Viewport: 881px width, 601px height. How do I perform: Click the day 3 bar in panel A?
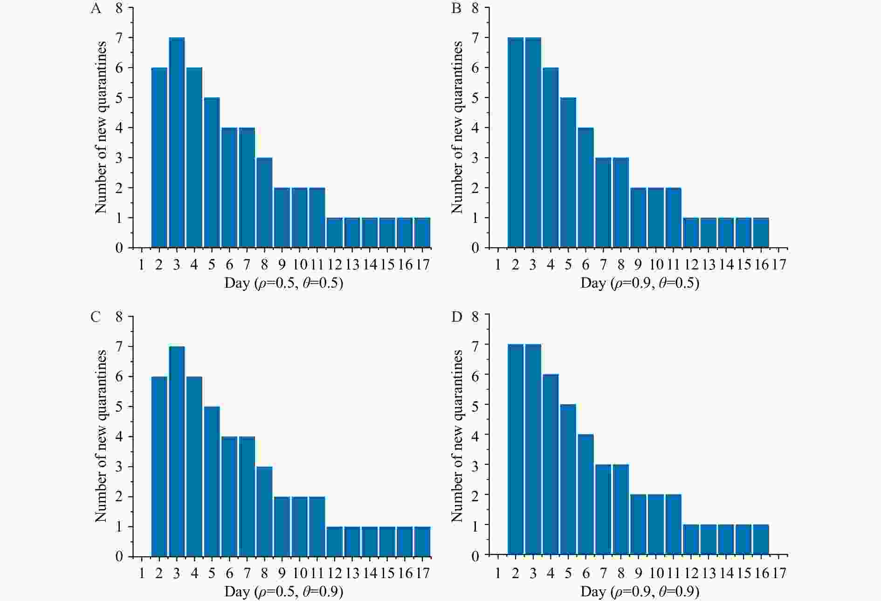click(177, 143)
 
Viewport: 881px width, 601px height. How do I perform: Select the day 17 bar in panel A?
click(422, 233)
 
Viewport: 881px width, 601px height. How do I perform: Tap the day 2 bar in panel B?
click(516, 143)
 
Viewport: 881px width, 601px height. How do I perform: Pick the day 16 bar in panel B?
click(761, 233)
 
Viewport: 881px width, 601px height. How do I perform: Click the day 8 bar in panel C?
click(264, 511)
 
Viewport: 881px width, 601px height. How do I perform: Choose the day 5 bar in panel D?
click(568, 479)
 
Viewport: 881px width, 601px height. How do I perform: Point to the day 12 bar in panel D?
click(691, 539)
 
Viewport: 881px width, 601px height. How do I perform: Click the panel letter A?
click(96, 9)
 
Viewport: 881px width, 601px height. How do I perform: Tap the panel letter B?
click(456, 9)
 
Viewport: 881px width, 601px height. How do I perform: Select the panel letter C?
click(96, 317)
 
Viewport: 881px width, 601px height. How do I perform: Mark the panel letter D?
click(457, 317)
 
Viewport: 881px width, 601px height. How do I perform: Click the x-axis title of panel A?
click(283, 283)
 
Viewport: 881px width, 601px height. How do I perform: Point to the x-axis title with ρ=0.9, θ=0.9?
click(640, 592)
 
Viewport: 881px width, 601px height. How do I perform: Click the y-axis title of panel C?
click(101, 436)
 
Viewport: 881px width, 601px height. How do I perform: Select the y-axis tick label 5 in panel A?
click(119, 98)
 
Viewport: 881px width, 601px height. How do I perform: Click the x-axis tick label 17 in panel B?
click(779, 265)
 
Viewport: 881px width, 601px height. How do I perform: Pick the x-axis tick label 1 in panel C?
click(142, 573)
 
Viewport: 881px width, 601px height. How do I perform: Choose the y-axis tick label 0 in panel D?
click(475, 555)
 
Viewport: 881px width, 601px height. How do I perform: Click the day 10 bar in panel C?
click(300, 526)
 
